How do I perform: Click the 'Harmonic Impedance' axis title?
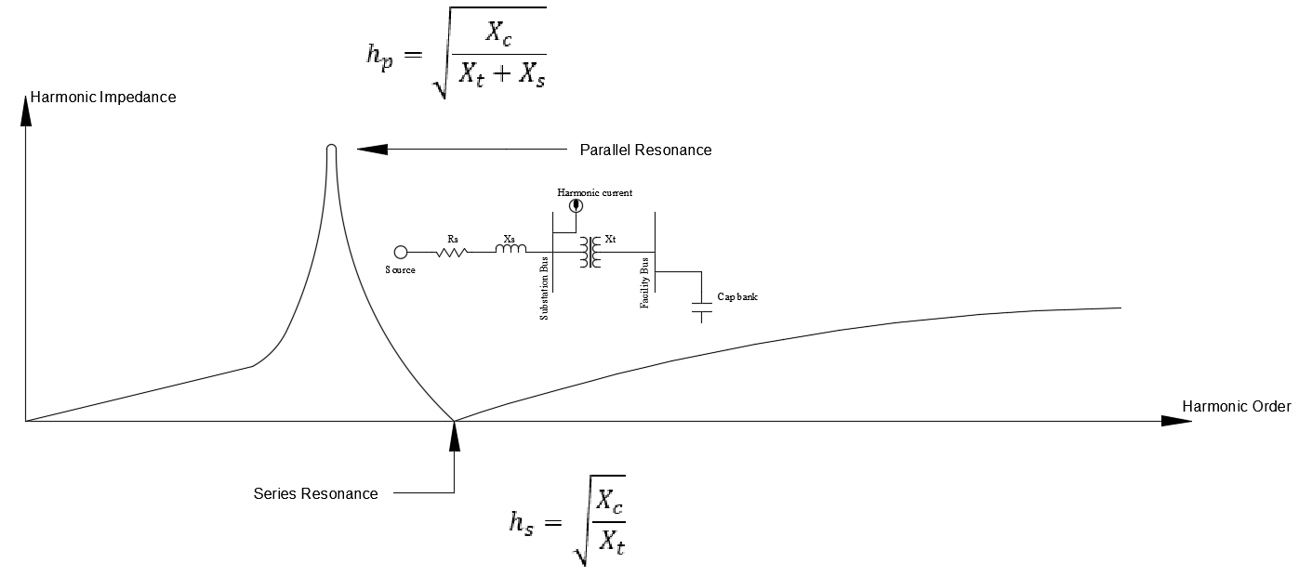coord(103,97)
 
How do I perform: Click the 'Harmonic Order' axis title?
coord(1236,407)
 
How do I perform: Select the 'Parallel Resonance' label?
coord(645,150)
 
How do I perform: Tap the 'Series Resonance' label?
coord(315,493)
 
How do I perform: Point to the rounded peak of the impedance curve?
coord(331,148)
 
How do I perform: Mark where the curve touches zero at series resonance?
coord(454,421)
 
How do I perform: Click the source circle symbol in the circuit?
coord(401,252)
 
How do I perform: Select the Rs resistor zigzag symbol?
coord(452,252)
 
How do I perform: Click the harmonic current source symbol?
coord(577,205)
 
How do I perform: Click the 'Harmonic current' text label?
coord(595,192)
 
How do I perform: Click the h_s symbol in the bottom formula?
coord(522,522)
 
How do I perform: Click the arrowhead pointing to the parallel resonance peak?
coord(370,149)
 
